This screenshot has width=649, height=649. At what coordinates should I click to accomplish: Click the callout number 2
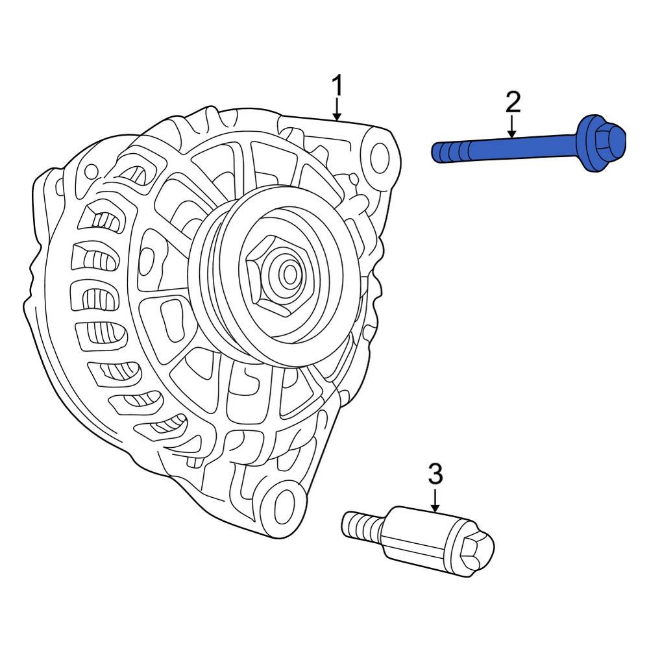[x=513, y=102]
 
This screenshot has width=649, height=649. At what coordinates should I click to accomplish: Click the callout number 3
[x=435, y=474]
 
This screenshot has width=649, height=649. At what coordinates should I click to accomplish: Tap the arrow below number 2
[x=513, y=126]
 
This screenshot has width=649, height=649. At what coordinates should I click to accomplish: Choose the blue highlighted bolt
[x=529, y=145]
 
